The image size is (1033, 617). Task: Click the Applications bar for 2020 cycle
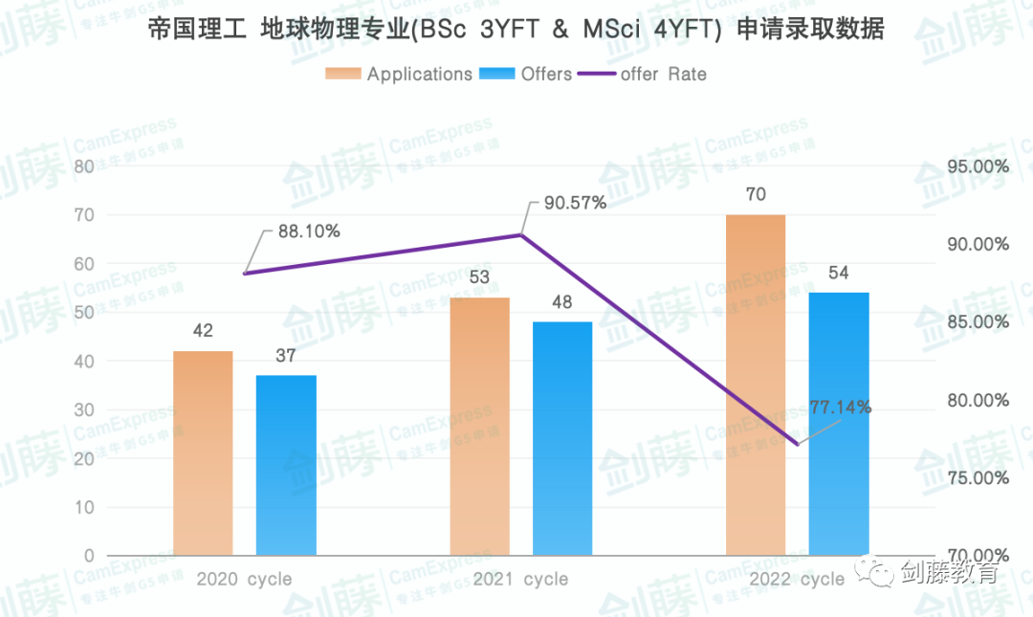click(203, 453)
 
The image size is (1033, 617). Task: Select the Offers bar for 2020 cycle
click(286, 465)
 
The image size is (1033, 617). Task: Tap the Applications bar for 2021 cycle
click(479, 427)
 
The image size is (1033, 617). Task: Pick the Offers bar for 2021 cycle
click(562, 438)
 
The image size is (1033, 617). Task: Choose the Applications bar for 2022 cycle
click(756, 385)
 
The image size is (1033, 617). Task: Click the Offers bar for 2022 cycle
click(839, 424)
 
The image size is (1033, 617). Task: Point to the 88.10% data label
click(309, 231)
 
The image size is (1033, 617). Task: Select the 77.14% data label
click(840, 407)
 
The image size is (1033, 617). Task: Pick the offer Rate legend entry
click(663, 74)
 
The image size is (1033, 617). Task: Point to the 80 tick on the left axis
click(83, 166)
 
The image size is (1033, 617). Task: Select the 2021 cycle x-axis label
click(520, 579)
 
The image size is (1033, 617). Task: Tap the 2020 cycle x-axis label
click(244, 579)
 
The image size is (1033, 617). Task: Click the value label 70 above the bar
click(756, 195)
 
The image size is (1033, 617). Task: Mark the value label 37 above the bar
click(286, 356)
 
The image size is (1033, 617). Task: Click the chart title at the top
click(516, 30)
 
